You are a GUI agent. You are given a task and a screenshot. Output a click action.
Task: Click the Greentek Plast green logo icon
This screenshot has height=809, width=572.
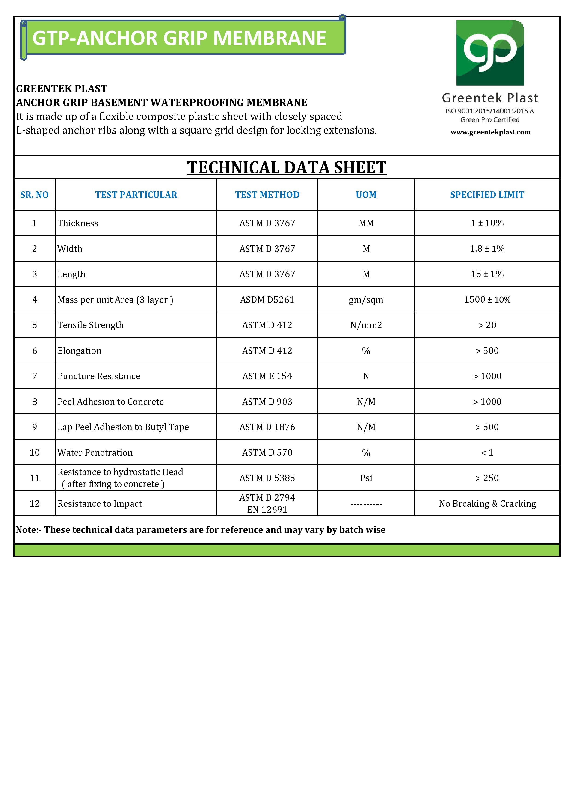tap(490, 53)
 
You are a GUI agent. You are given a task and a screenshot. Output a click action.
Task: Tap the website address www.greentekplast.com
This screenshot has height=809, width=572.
tap(490, 132)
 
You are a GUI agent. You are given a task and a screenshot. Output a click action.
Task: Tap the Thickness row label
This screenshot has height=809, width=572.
tap(78, 223)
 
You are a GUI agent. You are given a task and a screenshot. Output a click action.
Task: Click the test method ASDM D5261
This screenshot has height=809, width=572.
tap(267, 300)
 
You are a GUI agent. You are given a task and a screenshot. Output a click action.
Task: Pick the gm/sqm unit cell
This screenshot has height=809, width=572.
tap(366, 300)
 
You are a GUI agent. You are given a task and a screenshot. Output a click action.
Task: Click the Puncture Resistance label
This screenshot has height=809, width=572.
tap(99, 376)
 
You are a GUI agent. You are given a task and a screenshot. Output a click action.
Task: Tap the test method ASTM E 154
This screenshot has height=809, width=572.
tap(267, 376)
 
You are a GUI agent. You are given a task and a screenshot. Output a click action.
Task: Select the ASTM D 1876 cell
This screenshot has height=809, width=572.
tap(267, 427)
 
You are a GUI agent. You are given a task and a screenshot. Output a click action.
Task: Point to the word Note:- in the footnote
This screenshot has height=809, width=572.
tap(29, 530)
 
